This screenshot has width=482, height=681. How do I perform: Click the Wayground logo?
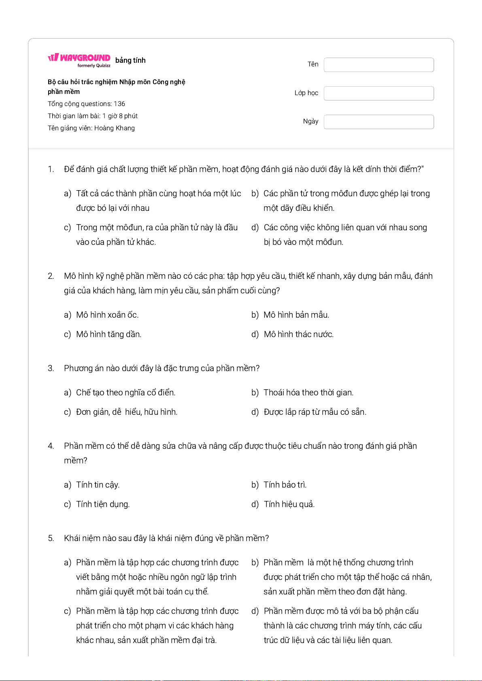79,60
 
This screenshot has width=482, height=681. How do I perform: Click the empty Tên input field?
378,65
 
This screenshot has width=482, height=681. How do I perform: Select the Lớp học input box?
378,93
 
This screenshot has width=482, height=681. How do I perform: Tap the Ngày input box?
378,122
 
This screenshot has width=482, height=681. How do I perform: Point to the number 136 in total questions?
119,104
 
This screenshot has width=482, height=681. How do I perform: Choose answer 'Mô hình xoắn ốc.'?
107,315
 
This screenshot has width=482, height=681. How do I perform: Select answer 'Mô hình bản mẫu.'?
296,315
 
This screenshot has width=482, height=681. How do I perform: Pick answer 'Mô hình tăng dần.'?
108,334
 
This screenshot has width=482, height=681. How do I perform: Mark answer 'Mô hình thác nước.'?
299,334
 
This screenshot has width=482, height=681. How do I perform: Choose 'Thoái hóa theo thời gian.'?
308,392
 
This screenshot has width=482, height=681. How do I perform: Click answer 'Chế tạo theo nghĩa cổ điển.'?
125,392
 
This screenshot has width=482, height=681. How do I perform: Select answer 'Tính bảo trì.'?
285,485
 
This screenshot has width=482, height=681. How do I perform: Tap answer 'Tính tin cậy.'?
98,485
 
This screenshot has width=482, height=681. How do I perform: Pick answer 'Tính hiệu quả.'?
289,504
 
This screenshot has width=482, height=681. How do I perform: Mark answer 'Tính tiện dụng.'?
103,504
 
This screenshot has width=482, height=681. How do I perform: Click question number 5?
51,538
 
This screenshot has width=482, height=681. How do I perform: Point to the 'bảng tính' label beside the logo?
130,60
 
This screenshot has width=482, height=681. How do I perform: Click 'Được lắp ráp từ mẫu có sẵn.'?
315,412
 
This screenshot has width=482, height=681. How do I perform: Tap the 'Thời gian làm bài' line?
93,116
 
